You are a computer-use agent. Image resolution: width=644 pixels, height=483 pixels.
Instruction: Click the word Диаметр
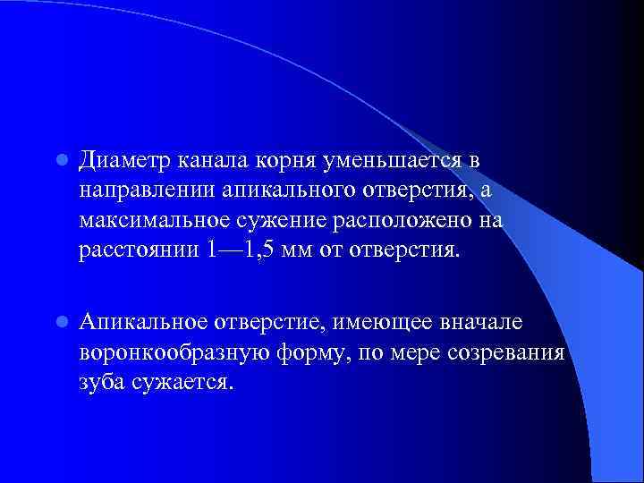point(123,161)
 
